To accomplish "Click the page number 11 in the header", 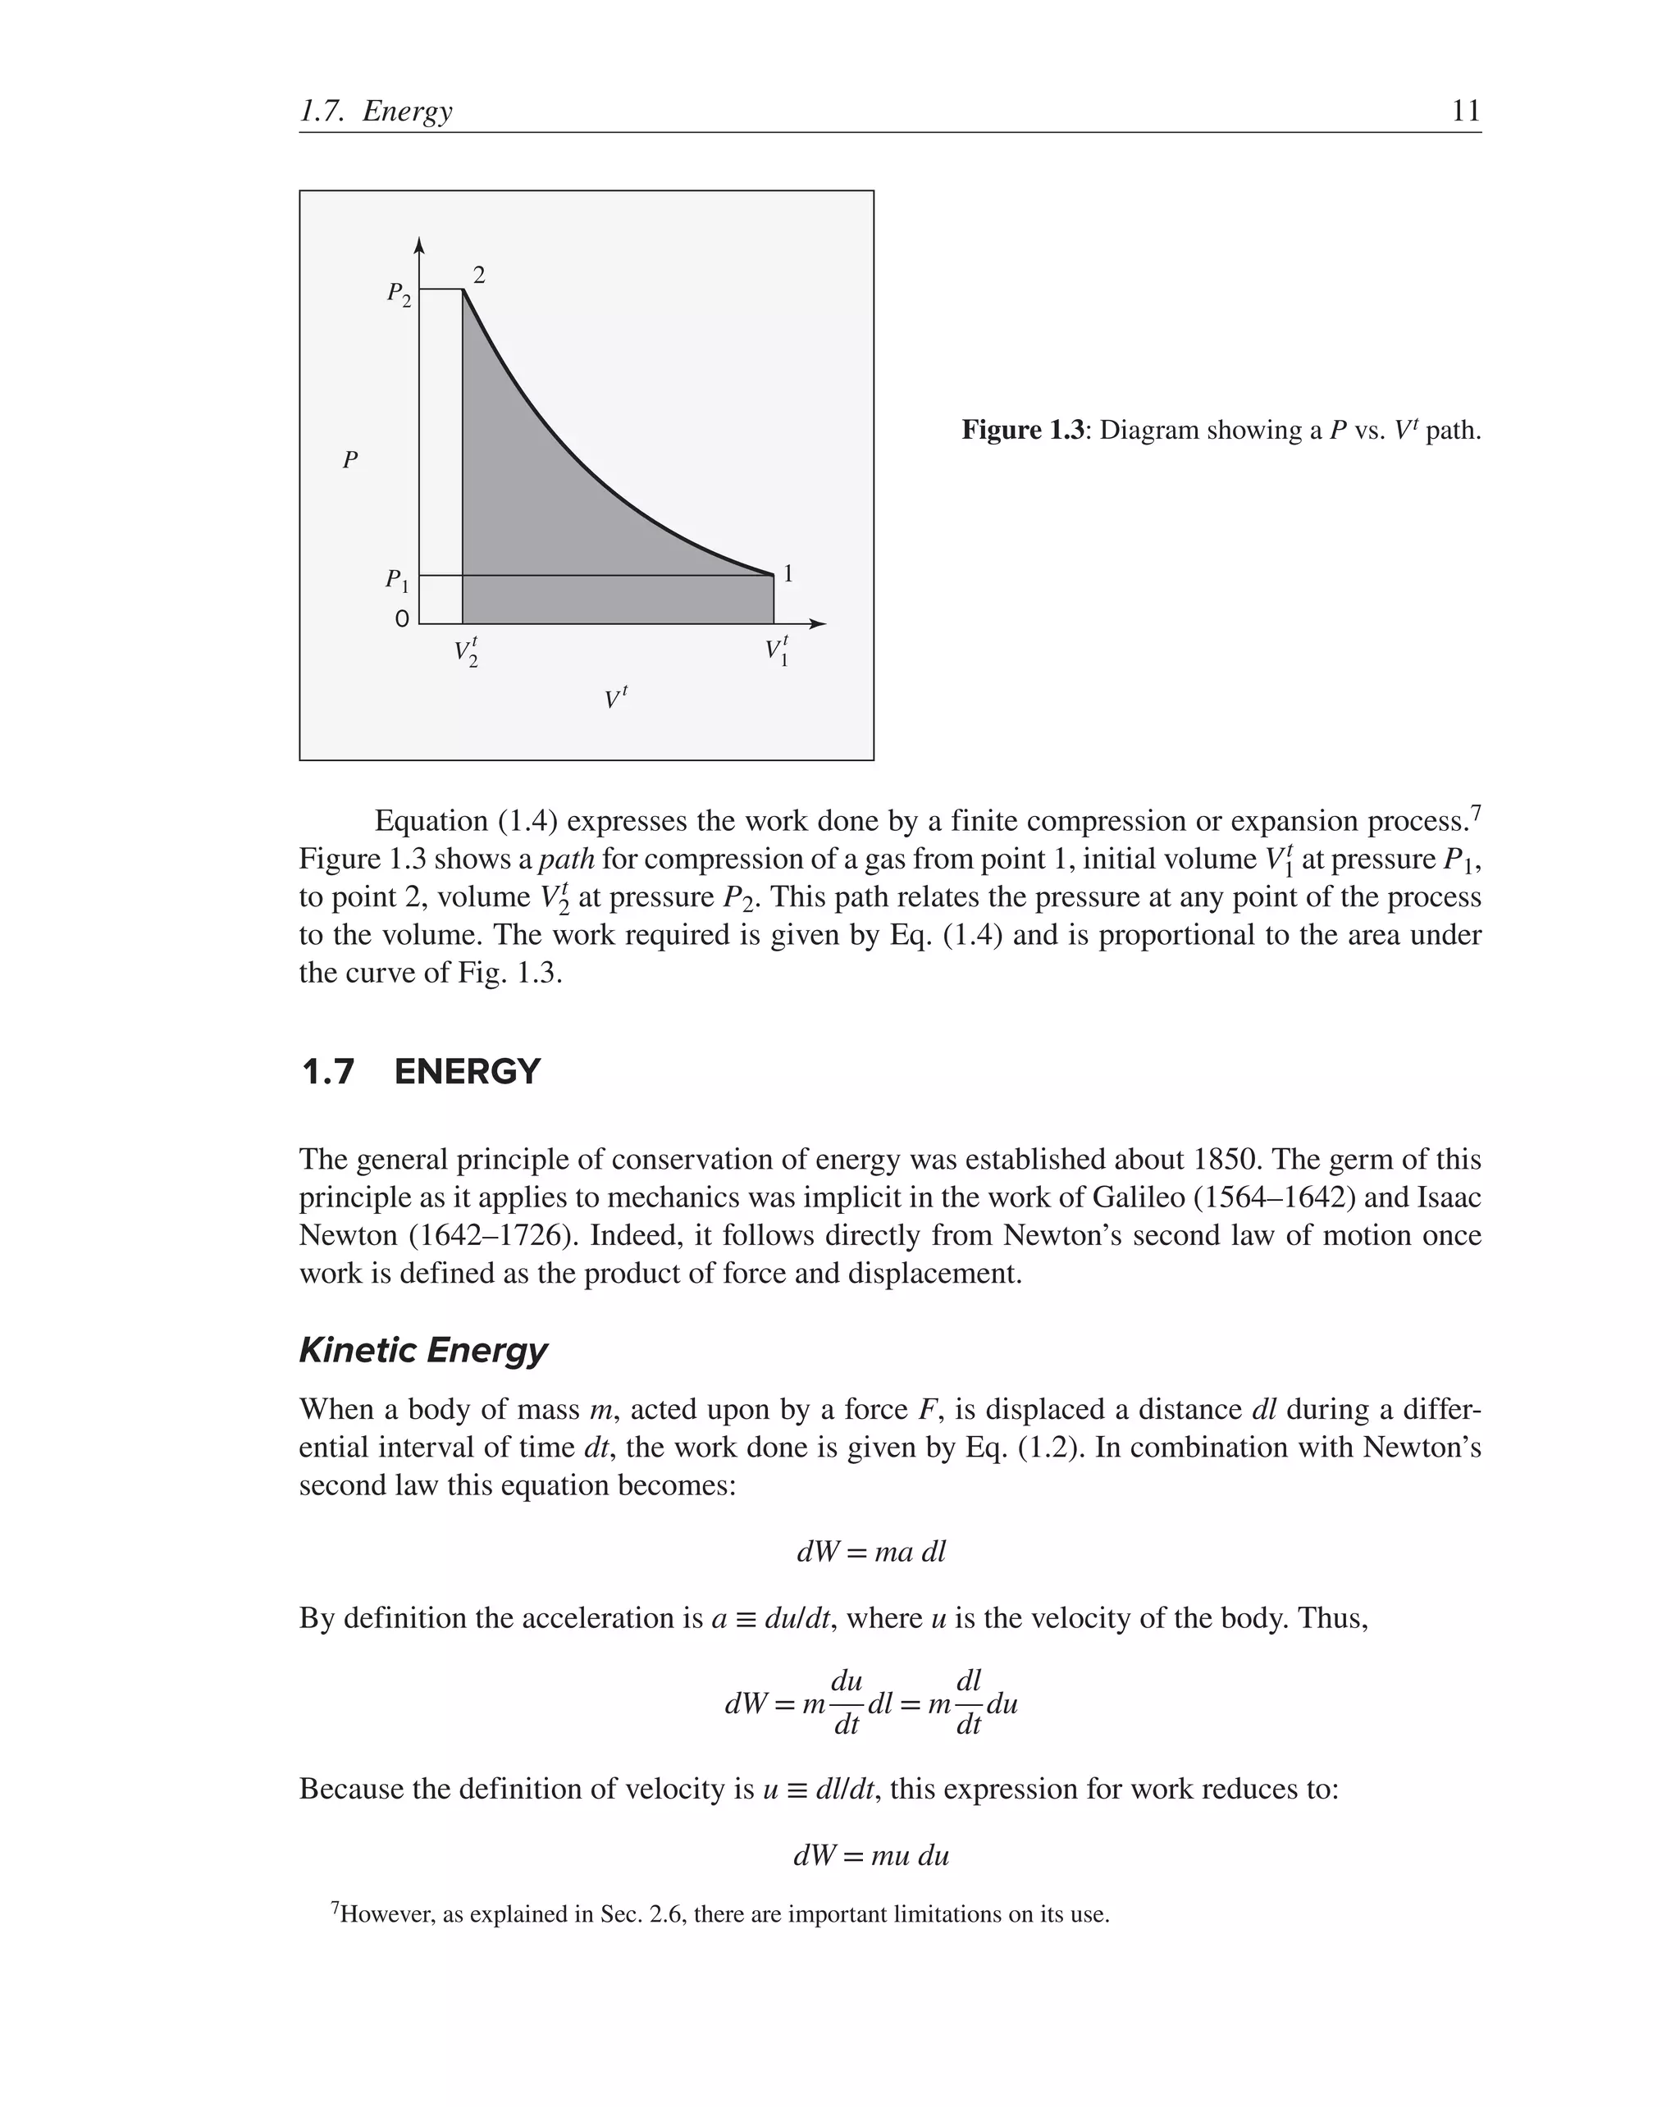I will pos(1465,111).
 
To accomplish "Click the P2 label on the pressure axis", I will pos(399,293).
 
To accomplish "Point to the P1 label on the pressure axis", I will pos(397,581).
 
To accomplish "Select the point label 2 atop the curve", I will pos(479,276).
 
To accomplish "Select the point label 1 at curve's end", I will pos(787,573).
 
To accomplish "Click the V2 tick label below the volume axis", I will pos(466,652).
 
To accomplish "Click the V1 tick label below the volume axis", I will pos(777,652).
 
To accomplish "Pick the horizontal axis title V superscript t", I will pos(614,698).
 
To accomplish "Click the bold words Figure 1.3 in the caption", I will pos(1022,430).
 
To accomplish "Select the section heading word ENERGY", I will pos(466,1072).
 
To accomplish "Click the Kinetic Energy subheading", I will pos(422,1350).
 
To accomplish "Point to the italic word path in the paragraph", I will pos(567,859).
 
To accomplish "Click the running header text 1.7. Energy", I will pos(377,112).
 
